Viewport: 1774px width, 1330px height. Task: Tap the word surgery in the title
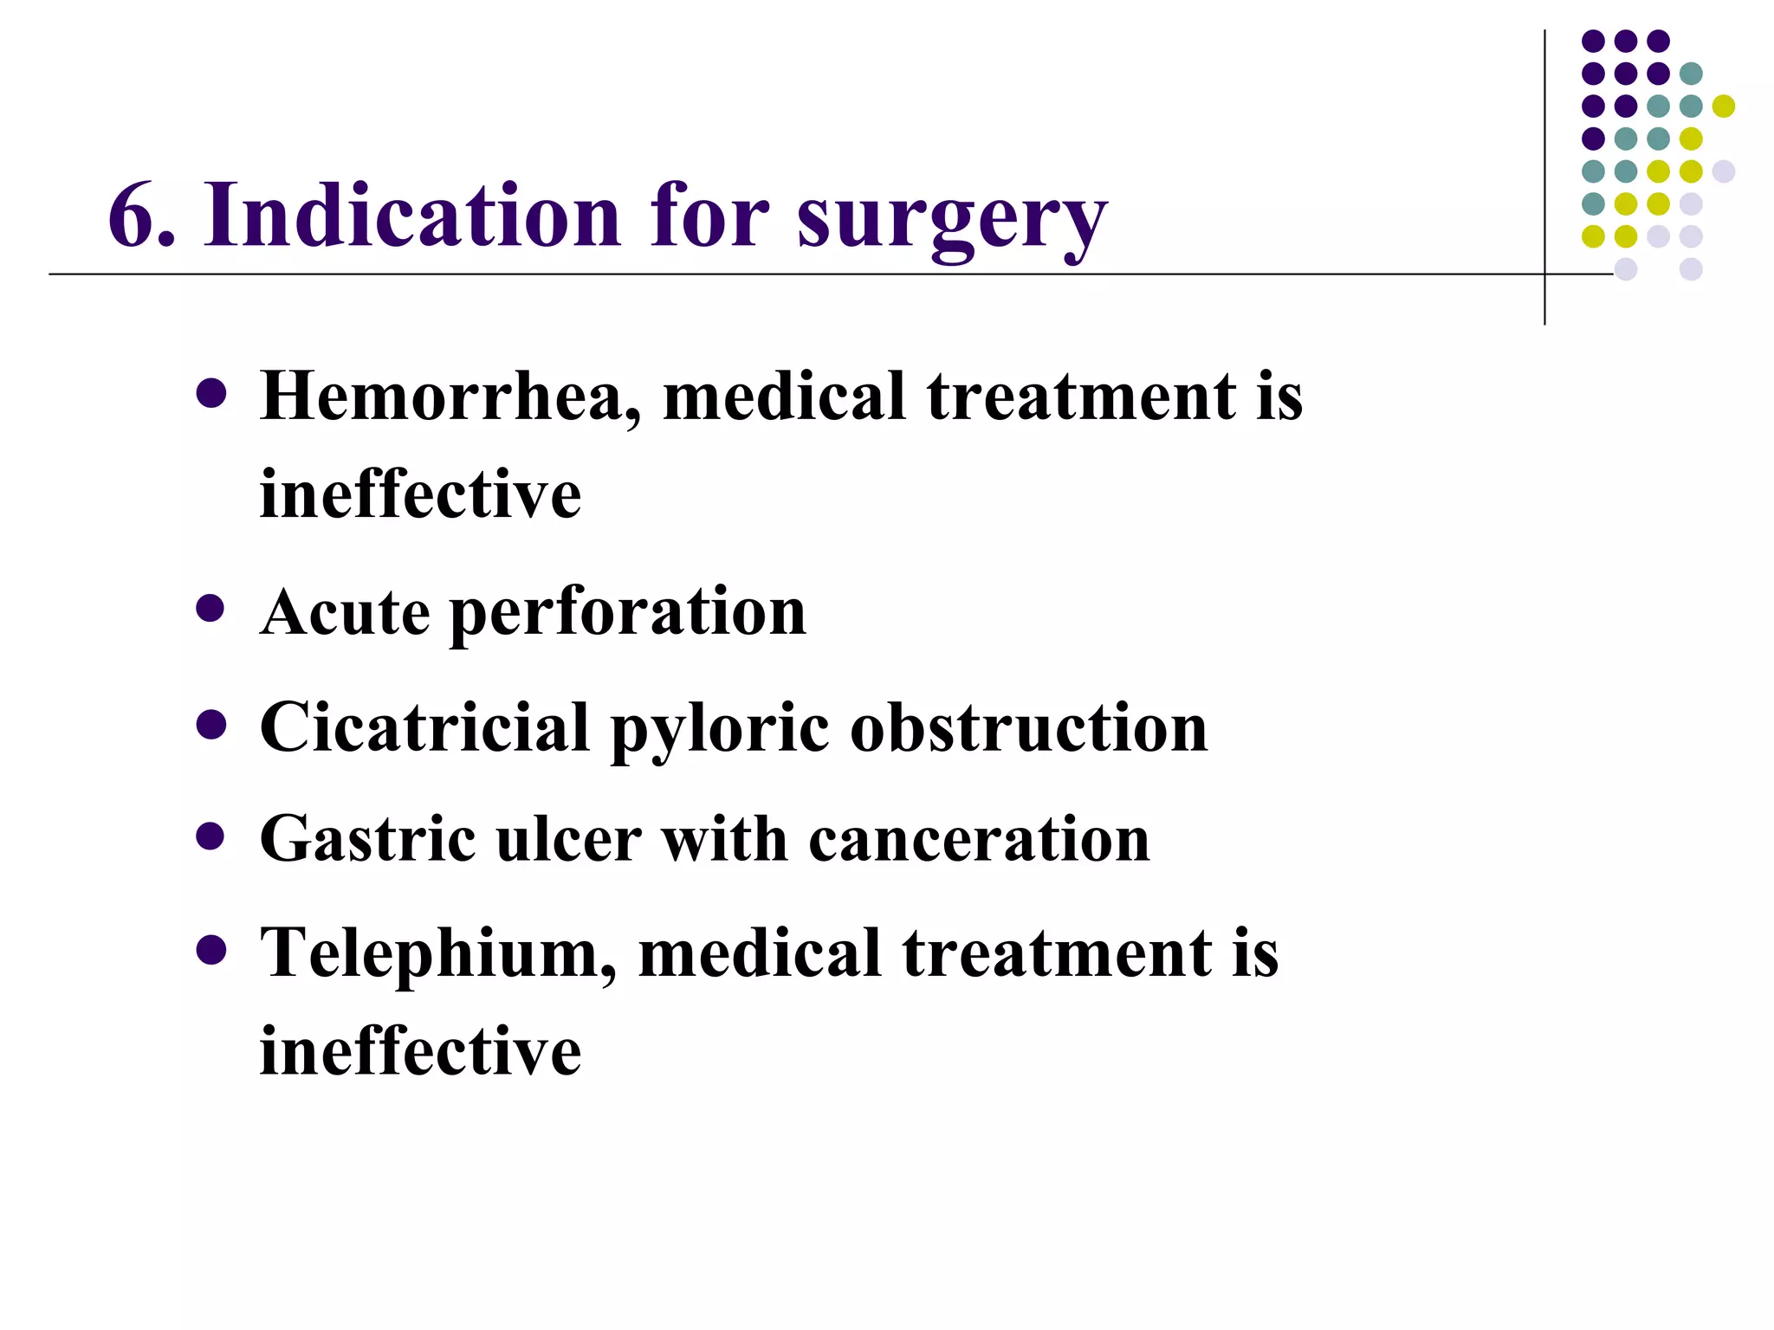click(951, 221)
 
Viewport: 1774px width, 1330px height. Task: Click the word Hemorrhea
click(451, 397)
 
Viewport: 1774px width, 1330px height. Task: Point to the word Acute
click(345, 612)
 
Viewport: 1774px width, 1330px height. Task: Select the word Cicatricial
click(425, 727)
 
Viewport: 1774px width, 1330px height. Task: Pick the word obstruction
click(1029, 727)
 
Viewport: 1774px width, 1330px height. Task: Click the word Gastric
click(368, 839)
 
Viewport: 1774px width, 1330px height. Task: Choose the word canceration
click(979, 839)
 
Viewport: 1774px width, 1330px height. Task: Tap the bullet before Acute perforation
click(210, 609)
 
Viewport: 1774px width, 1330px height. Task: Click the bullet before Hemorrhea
click(210, 394)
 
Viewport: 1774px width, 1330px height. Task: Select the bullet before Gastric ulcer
click(210, 836)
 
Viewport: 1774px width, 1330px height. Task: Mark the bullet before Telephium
click(210, 950)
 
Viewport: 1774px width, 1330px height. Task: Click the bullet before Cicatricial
click(210, 724)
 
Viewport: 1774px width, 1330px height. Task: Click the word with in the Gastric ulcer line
click(725, 839)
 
